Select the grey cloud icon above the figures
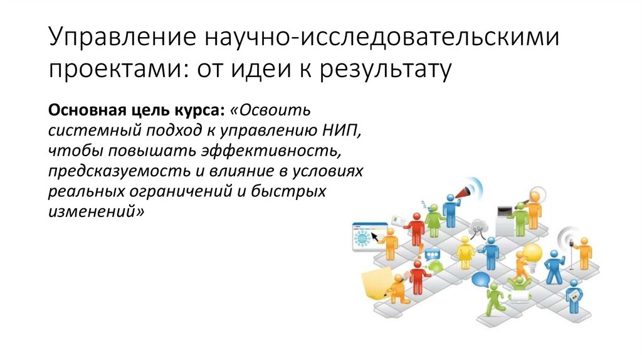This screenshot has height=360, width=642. click(480, 225)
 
